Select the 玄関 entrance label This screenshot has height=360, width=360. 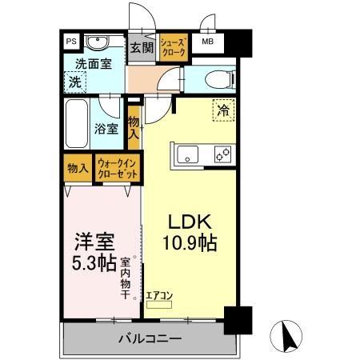click(x=142, y=47)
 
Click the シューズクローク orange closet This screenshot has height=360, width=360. click(x=174, y=46)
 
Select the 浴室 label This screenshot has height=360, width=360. click(x=106, y=128)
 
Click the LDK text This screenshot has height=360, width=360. click(x=188, y=221)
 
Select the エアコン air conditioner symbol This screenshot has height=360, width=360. click(x=158, y=299)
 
